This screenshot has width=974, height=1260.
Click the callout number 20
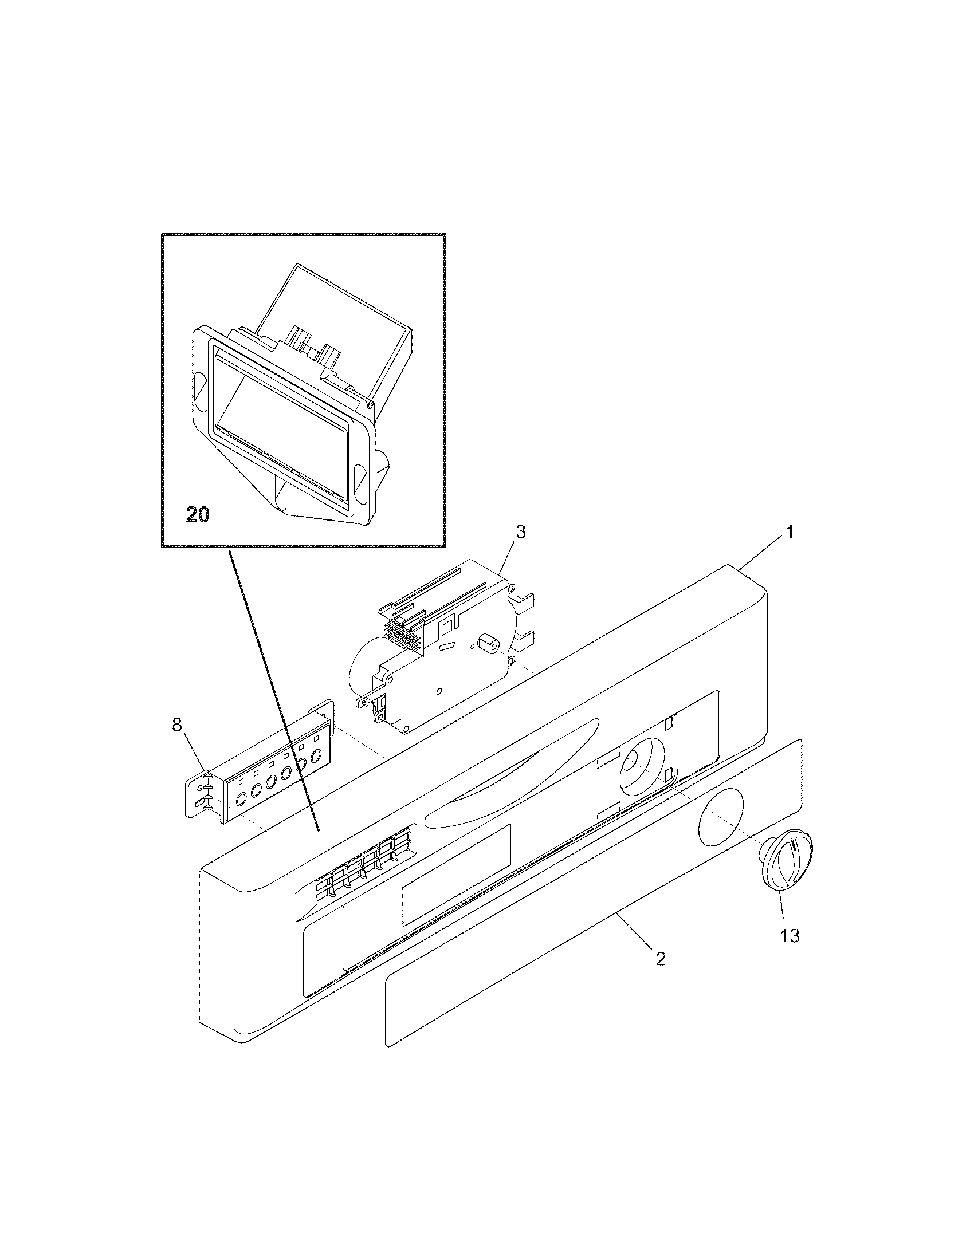click(x=197, y=514)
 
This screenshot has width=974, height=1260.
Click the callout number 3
click(x=520, y=532)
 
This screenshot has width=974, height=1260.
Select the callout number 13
click(x=790, y=936)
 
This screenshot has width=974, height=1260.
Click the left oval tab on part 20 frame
click(x=198, y=385)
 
